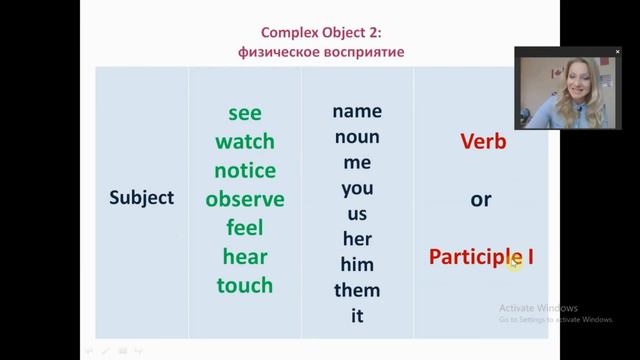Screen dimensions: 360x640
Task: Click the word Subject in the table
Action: click(141, 198)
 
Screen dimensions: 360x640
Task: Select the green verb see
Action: click(245, 112)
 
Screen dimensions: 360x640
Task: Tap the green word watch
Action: click(245, 141)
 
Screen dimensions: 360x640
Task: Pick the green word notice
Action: click(245, 170)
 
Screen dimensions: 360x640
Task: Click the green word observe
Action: click(245, 199)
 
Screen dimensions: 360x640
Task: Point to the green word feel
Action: click(245, 227)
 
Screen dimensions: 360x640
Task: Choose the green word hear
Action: click(245, 256)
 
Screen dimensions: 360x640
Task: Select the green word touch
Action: click(245, 285)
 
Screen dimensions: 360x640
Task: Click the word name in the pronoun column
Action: click(357, 111)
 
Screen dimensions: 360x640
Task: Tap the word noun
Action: click(357, 136)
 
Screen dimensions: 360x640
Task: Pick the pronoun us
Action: click(357, 213)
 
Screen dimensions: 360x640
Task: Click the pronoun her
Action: click(357, 239)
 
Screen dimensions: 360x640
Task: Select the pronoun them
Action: click(357, 291)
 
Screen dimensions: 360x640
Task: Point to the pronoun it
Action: click(357, 316)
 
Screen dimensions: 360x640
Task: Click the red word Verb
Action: click(483, 142)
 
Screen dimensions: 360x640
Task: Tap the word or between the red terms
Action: click(481, 199)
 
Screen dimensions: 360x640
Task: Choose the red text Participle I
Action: click(481, 257)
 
